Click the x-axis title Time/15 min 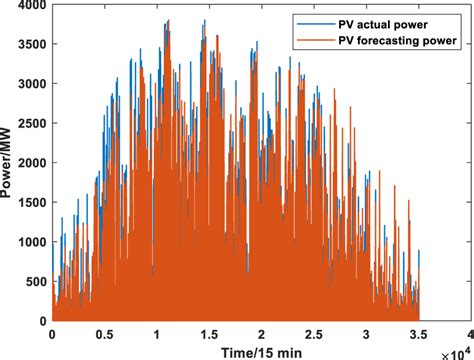pyautogui.click(x=259, y=351)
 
